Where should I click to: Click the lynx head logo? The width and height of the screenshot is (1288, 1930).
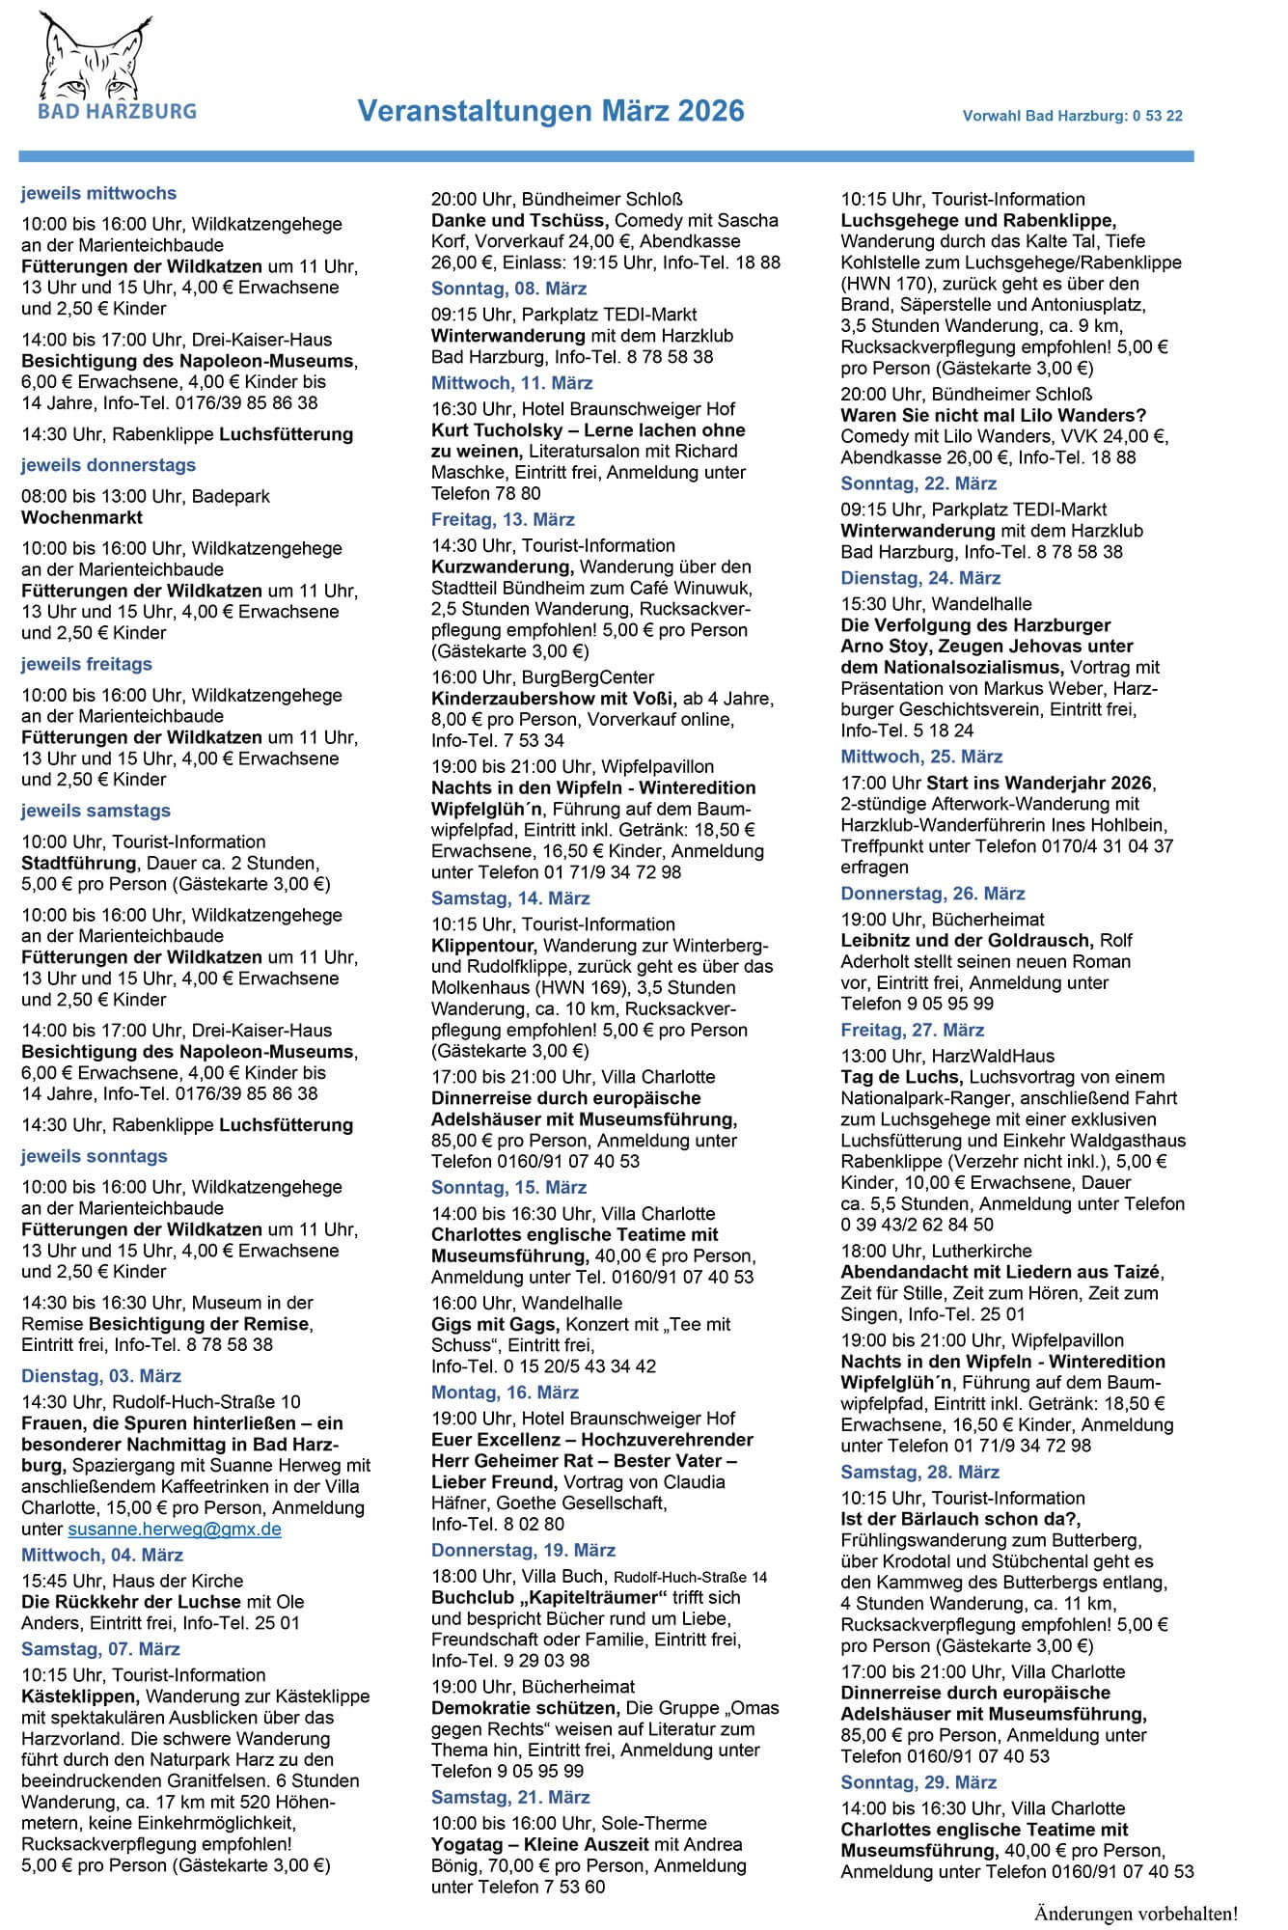(x=97, y=57)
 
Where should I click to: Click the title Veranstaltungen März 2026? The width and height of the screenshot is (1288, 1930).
(x=551, y=112)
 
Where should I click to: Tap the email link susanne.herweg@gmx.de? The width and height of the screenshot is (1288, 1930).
(x=175, y=1530)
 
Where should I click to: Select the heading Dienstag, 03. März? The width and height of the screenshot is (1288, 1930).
(x=101, y=1376)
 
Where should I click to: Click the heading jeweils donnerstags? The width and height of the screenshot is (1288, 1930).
(x=108, y=465)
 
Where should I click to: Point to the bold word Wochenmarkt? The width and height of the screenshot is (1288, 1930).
(x=82, y=517)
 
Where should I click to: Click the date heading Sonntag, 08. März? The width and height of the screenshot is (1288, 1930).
(x=508, y=289)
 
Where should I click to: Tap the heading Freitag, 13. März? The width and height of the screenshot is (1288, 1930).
(x=503, y=519)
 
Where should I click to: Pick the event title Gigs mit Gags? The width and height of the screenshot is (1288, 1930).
(x=494, y=1324)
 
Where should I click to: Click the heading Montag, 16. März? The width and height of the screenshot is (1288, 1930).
(x=505, y=1392)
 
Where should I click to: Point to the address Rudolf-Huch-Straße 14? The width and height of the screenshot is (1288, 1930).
(x=690, y=1578)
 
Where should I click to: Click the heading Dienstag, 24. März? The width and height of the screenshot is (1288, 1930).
(x=920, y=578)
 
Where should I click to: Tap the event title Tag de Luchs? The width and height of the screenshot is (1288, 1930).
(x=901, y=1077)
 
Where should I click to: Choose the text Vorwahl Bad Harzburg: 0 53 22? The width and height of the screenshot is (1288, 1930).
(x=1072, y=116)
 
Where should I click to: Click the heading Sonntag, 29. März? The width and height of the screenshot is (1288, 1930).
(x=918, y=1782)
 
